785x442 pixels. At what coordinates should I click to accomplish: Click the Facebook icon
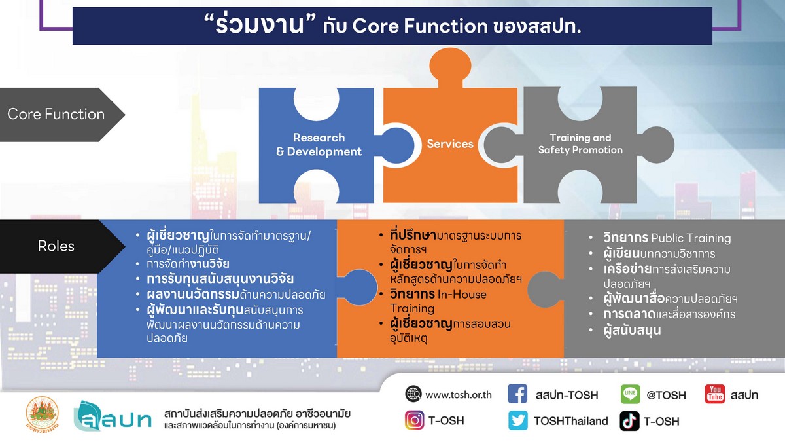point(517,394)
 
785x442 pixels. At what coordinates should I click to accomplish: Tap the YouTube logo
point(715,394)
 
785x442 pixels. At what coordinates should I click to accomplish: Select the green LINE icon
point(630,394)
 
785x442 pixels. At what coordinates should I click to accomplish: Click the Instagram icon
point(414,420)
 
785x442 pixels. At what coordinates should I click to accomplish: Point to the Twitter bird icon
point(517,420)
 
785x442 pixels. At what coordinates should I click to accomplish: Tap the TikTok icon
point(629,421)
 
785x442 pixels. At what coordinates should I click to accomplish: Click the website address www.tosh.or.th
point(459,395)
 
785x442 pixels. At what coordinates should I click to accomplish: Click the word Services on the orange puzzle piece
point(450,144)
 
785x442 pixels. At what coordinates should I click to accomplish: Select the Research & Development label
point(319,145)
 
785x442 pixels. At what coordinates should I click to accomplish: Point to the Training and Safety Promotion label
point(580,144)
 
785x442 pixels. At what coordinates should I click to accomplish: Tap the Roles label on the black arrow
point(56,246)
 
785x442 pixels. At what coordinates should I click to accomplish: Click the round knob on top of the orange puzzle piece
point(450,65)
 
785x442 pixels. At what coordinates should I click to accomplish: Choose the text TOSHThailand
point(571,421)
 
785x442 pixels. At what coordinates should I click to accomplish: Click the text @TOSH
point(666,395)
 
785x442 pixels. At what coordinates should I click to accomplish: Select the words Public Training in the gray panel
point(691,238)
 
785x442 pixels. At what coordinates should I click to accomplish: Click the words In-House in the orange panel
point(462,294)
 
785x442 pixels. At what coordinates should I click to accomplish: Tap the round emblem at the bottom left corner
point(43,414)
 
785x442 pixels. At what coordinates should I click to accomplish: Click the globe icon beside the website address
point(413,394)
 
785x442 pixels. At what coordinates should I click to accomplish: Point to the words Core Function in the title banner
point(420,26)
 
